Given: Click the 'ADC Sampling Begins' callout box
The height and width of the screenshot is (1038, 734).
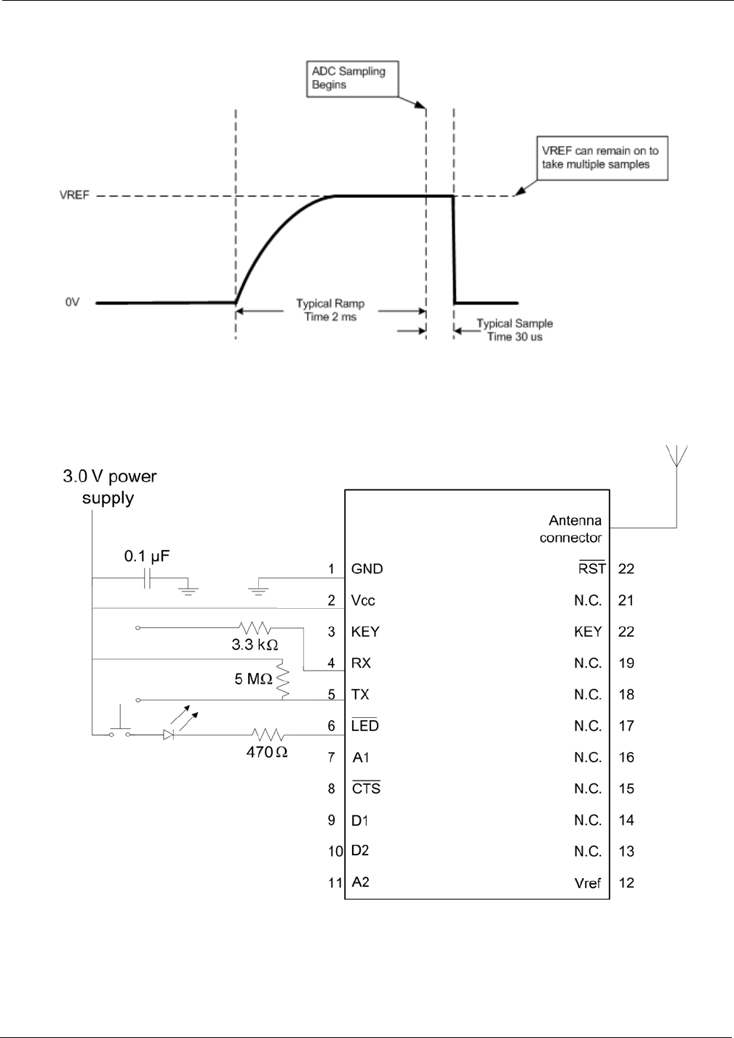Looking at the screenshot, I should [352, 79].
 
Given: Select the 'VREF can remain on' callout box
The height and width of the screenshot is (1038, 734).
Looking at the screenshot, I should [601, 158].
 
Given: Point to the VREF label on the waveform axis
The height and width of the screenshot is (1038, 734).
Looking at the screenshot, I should [74, 196].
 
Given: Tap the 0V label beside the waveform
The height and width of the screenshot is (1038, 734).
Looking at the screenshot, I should [72, 303].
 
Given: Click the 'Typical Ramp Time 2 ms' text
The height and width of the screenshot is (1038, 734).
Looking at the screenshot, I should [330, 310].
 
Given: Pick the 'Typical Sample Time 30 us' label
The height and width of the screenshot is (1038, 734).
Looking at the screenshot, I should [514, 330].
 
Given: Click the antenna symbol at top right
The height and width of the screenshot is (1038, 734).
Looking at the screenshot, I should [677, 458].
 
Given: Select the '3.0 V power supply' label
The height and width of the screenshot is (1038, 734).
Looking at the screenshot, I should [109, 487].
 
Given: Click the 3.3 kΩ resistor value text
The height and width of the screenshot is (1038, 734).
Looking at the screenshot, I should [255, 644].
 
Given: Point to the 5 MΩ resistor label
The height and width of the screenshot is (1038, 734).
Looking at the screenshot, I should [253, 679].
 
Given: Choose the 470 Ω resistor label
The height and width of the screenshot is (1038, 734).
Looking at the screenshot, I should [267, 752].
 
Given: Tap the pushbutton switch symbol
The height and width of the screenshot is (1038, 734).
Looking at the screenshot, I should [120, 732].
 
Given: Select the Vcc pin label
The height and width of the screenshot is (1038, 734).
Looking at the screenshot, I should [363, 600].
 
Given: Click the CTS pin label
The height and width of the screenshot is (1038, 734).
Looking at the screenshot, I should [366, 789].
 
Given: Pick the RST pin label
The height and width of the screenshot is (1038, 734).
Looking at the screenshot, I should [591, 568].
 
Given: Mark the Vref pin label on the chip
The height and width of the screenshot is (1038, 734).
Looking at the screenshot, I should [588, 883].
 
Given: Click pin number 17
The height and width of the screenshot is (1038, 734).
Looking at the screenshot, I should [626, 726].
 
